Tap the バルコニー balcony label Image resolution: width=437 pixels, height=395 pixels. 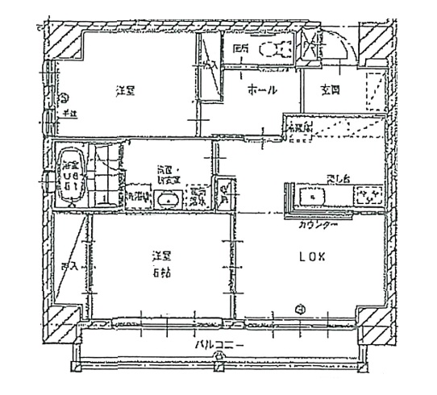click(x=218, y=346)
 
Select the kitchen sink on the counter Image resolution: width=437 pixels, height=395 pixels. click(x=311, y=196)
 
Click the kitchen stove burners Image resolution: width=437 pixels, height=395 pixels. click(x=368, y=196)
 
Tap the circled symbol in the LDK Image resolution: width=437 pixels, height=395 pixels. click(x=299, y=306)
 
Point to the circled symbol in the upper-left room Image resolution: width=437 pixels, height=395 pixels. click(x=64, y=99)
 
